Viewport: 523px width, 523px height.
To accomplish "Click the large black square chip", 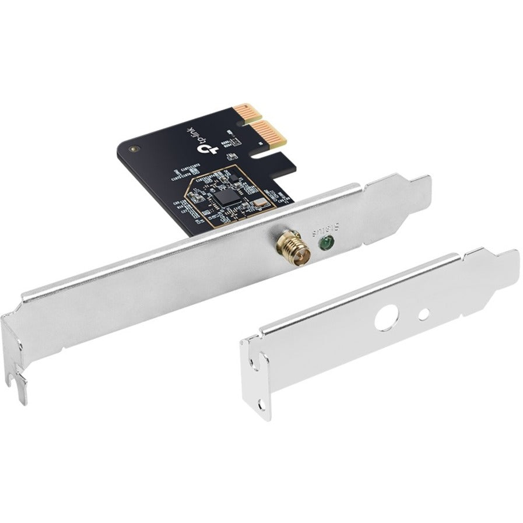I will [x=224, y=199].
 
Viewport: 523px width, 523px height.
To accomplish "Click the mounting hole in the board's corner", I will [x=135, y=149].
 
